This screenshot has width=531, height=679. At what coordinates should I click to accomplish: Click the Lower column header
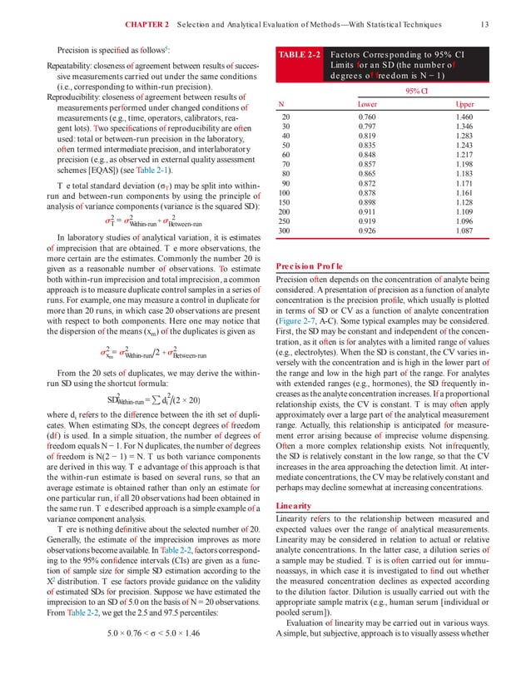(366, 104)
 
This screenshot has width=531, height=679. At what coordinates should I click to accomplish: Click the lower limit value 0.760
(367, 118)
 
